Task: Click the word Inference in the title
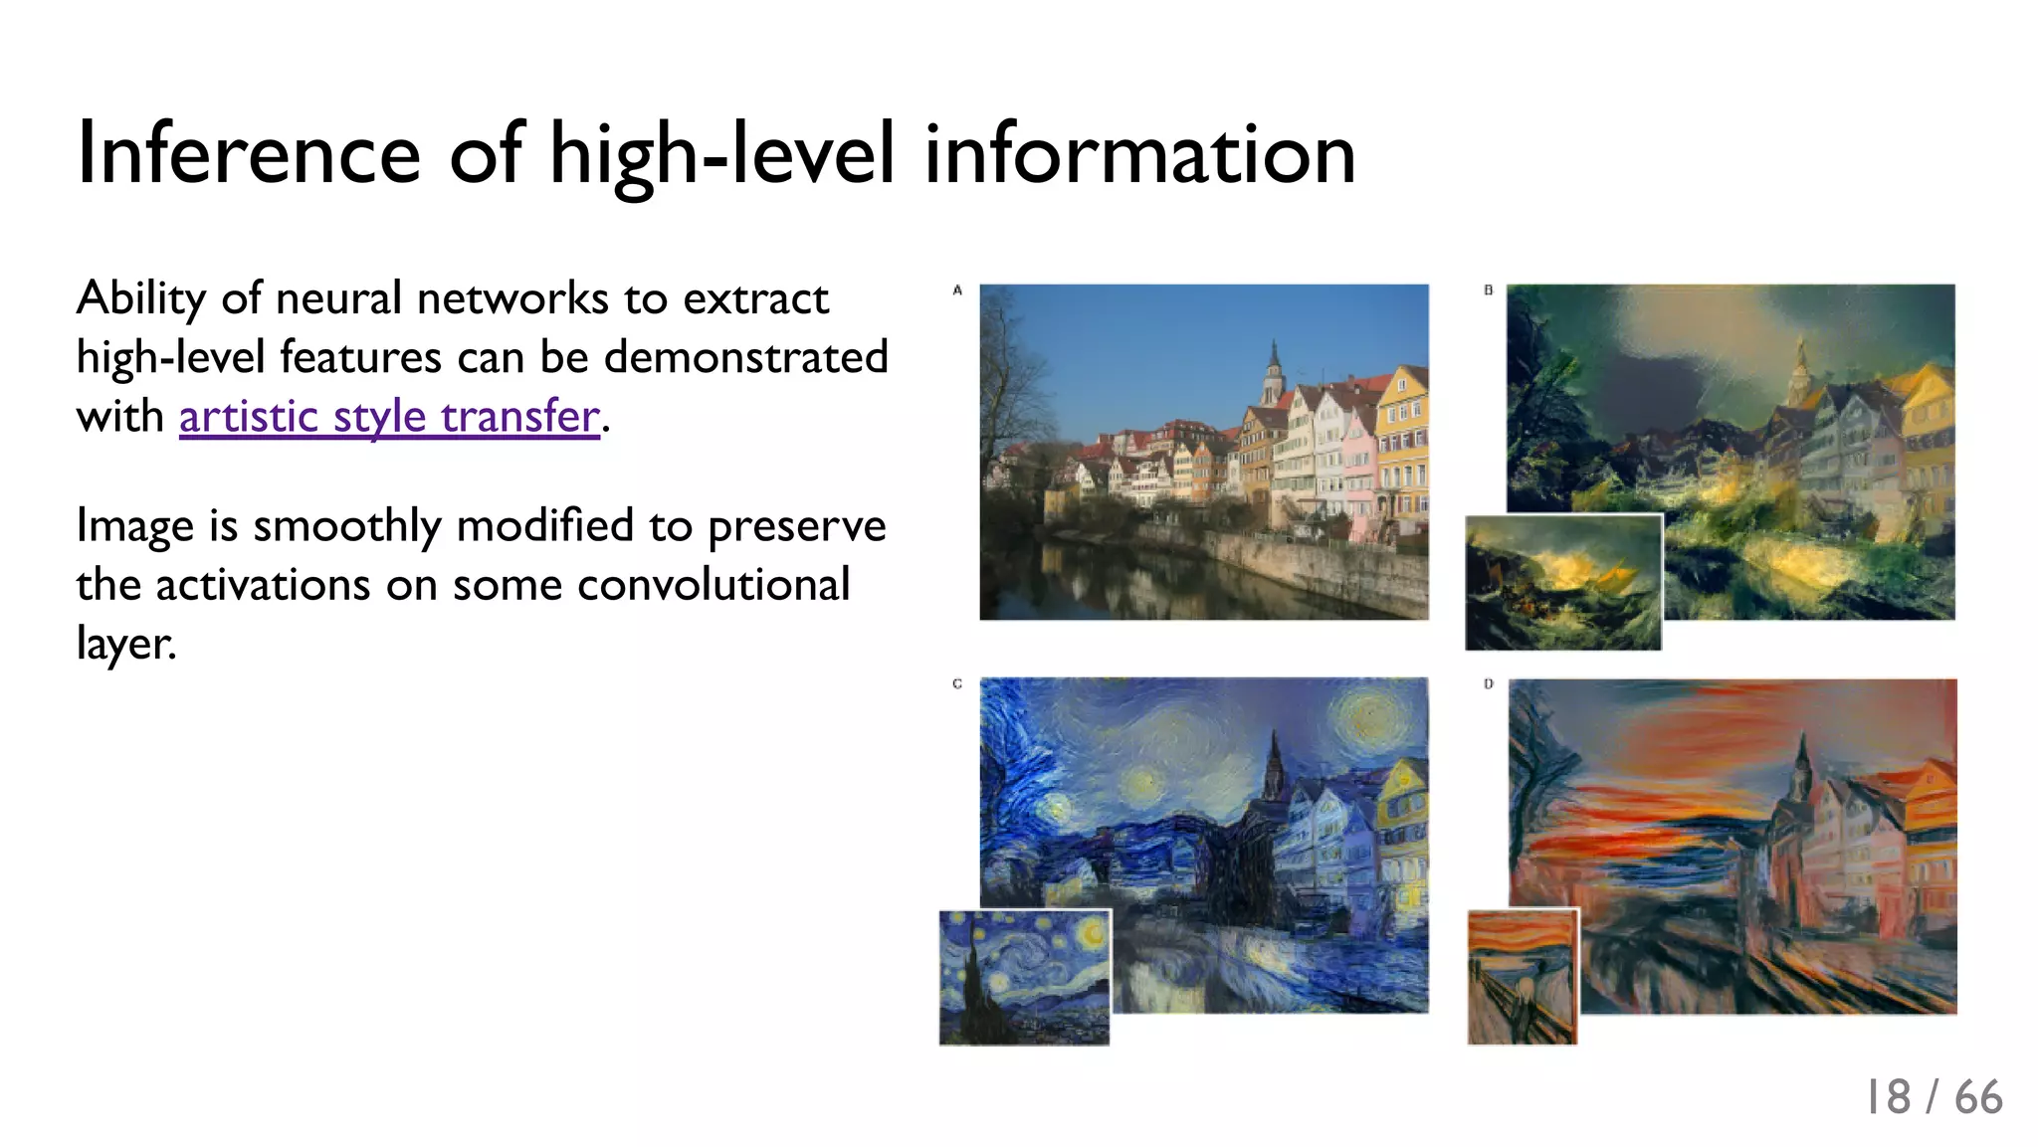coord(249,154)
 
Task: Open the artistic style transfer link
coord(389,416)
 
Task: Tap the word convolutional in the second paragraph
coord(713,585)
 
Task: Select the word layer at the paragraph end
coord(124,644)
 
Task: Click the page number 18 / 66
coord(1933,1097)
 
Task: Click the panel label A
coord(957,290)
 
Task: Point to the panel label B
coord(1489,290)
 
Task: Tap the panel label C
coord(957,683)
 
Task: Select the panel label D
coord(1489,683)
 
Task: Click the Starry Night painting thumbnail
coord(1024,977)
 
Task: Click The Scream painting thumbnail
coord(1523,977)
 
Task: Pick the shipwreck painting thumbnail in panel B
coord(1563,583)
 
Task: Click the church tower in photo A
coord(1273,373)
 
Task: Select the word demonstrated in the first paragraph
coord(745,357)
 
